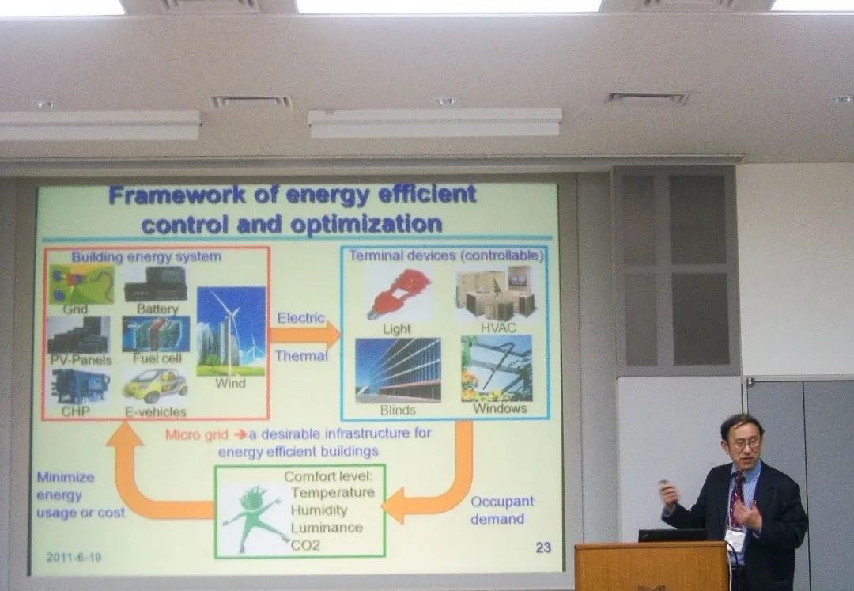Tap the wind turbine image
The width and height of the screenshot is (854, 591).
231,331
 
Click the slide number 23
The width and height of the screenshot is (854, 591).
543,547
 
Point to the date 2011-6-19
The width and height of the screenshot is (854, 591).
74,557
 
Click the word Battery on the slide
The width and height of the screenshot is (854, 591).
157,309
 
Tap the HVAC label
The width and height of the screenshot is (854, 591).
498,328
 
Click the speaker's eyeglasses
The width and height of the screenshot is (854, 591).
745,445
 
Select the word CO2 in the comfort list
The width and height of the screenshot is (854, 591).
305,544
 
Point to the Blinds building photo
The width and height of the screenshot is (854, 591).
398,369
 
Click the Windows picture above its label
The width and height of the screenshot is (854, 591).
496,368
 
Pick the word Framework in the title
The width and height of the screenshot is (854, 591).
177,195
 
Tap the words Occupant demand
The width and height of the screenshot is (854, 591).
501,510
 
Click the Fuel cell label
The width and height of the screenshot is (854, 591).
157,358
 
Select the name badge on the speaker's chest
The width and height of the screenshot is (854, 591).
735,540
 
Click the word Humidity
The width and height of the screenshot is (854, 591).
319,510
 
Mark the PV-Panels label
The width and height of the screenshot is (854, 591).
81,360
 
